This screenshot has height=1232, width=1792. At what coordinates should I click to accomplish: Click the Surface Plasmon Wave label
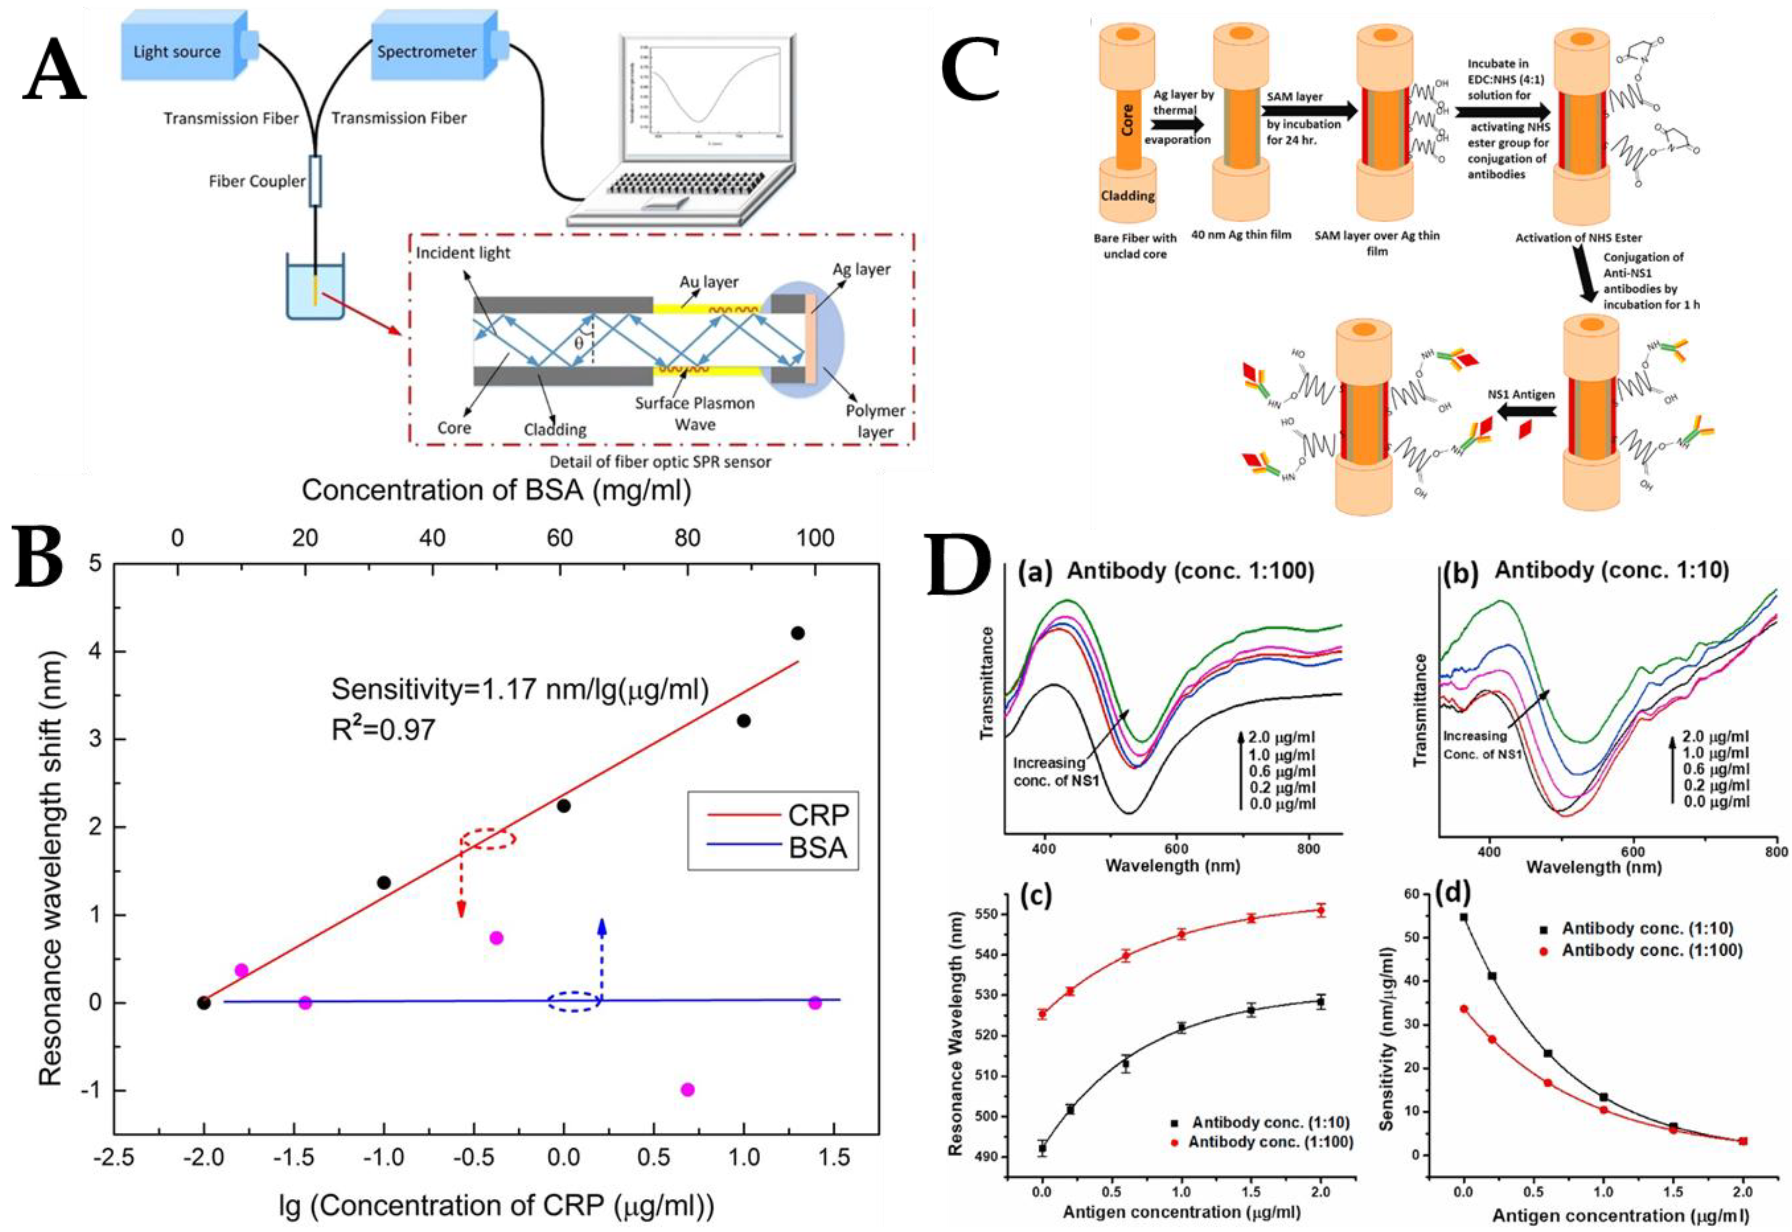(695, 414)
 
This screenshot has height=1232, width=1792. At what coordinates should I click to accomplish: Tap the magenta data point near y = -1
(688, 1089)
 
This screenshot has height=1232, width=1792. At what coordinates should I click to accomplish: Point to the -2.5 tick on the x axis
(114, 1158)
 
